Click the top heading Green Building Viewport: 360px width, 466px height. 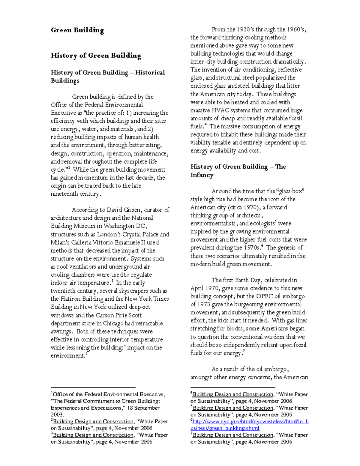pos(77,30)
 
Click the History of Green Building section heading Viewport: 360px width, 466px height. pos(96,56)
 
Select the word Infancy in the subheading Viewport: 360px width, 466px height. pos(202,175)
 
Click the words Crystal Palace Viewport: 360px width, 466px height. pos(140,234)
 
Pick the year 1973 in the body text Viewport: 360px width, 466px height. pos(205,304)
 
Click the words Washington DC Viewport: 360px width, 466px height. pos(129,226)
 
